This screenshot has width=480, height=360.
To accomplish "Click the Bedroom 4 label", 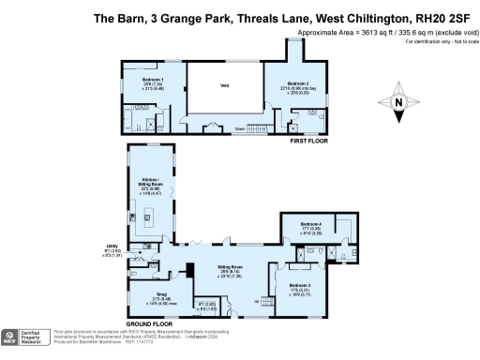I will click(x=311, y=225).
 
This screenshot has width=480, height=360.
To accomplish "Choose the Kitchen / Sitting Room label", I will click(x=151, y=180).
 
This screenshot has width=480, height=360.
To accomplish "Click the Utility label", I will click(x=112, y=247).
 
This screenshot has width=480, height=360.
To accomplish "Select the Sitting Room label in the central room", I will click(x=231, y=267).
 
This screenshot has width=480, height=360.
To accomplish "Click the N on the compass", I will click(x=399, y=103).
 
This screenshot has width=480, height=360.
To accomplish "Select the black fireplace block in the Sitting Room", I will click(x=190, y=273).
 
